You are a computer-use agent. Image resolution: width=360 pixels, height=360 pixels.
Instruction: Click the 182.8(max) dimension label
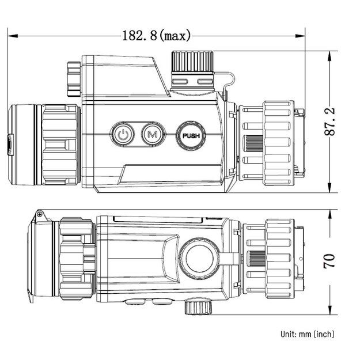coord(156,36)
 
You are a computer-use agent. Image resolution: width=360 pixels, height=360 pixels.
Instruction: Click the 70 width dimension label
coord(329,261)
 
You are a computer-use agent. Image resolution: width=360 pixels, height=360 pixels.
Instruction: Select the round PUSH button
coord(191,136)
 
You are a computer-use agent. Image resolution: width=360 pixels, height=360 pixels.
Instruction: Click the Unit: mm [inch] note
coord(307,334)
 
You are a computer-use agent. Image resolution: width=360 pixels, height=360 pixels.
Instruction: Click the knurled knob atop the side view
coord(192,62)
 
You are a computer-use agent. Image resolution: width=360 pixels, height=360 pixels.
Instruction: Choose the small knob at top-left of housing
coord(73,78)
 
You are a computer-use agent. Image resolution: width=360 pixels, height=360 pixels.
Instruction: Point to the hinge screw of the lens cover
coord(40,214)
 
